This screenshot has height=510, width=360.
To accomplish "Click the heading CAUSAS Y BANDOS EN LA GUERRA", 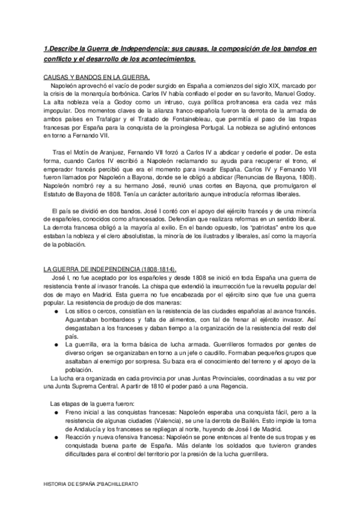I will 88,78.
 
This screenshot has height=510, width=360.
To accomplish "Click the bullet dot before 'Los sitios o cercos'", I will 56,311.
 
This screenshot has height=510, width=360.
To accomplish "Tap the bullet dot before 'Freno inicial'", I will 56,413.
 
